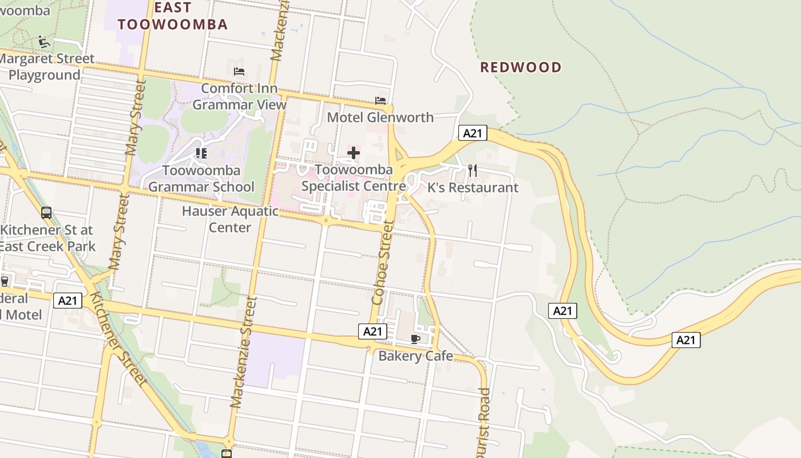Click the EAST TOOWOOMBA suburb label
tap(173, 16)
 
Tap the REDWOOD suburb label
tap(521, 68)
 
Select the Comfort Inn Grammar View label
tap(239, 97)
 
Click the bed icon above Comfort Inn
tap(239, 72)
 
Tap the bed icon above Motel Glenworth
tap(380, 101)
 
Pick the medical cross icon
tap(354, 153)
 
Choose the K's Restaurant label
tap(473, 188)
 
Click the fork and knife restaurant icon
tap(473, 170)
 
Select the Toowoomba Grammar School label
tap(201, 179)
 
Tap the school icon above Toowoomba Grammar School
tap(201, 153)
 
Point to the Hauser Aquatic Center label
tap(230, 219)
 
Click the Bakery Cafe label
tap(416, 356)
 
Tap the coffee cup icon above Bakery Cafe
tap(416, 339)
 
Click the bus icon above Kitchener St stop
tap(46, 213)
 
